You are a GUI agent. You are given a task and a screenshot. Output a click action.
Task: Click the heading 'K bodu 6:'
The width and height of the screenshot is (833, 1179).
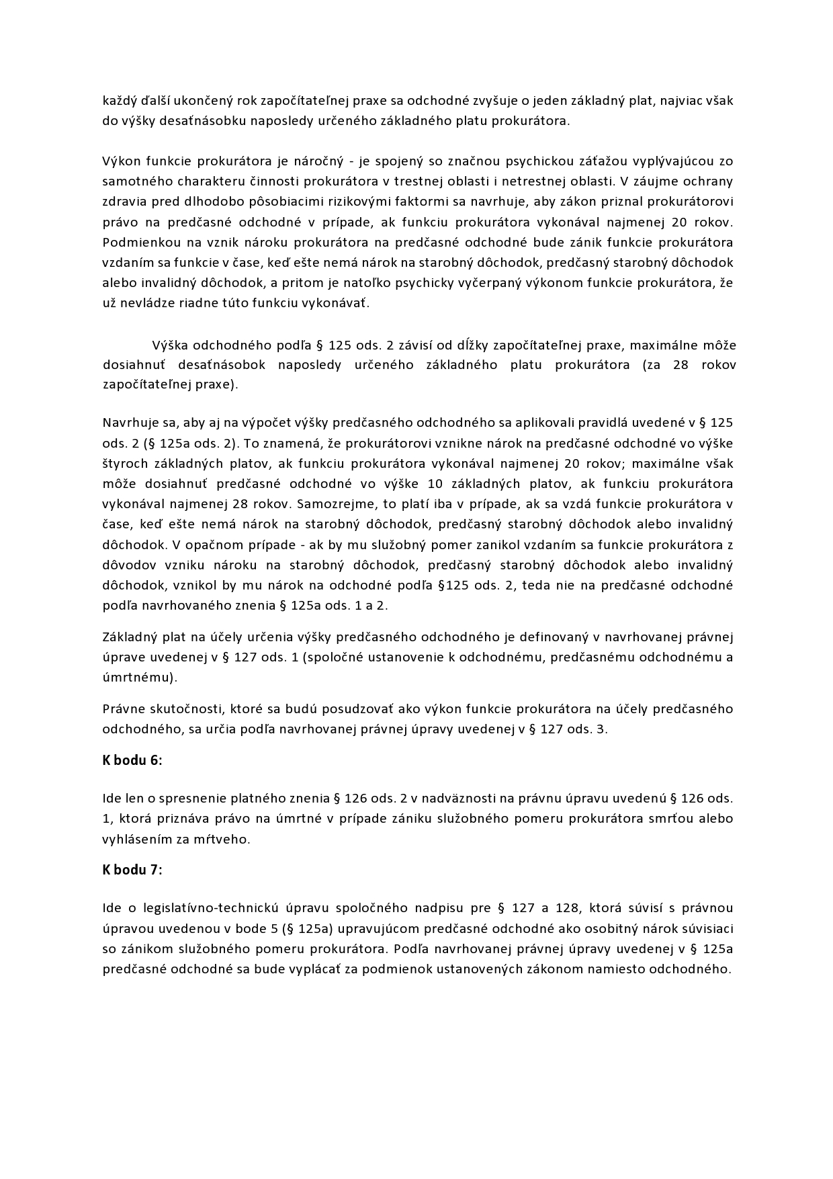(132, 760)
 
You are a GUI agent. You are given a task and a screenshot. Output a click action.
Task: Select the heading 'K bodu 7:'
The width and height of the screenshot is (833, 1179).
(132, 869)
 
